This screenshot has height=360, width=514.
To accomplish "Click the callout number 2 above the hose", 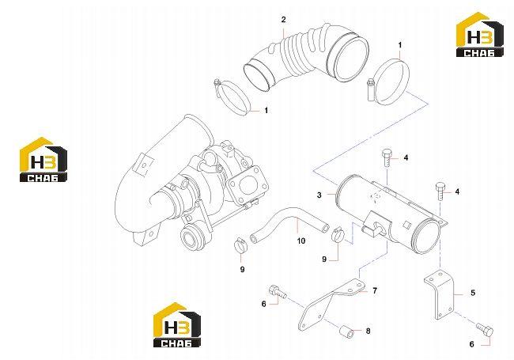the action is [x=284, y=20].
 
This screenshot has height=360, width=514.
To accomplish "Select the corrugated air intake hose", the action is [x=307, y=55].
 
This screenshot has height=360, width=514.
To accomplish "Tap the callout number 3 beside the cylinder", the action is [x=319, y=195].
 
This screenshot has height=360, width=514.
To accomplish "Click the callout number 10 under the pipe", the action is [x=301, y=241].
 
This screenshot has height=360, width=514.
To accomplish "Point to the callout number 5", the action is [x=473, y=293].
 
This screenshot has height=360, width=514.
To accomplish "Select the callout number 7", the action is [x=375, y=290].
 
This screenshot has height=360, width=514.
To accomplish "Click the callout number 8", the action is [x=368, y=331].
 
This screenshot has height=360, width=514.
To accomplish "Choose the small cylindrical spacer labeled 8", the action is [x=346, y=331].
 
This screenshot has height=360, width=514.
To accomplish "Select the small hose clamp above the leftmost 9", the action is [x=240, y=247].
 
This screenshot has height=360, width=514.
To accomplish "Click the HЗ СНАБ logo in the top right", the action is [x=479, y=35].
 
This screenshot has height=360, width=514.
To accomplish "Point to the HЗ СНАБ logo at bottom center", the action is [x=177, y=324].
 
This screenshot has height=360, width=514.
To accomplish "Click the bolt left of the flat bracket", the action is [x=278, y=291].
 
